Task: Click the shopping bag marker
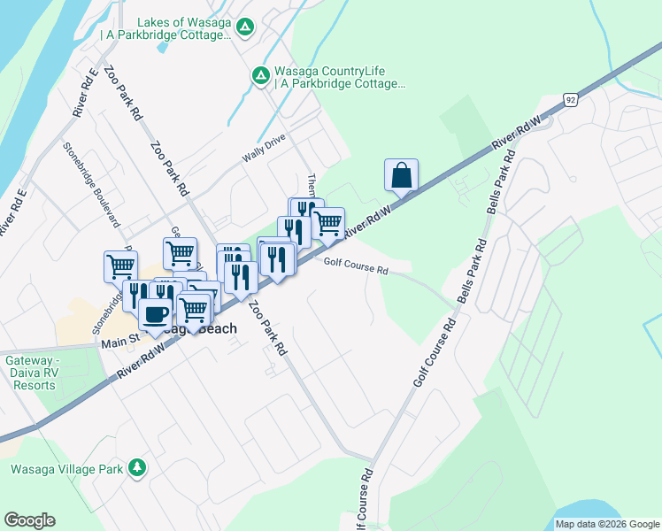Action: click(x=401, y=175)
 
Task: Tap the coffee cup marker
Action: click(x=155, y=315)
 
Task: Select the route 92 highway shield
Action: click(x=571, y=99)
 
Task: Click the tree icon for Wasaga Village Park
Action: click(x=136, y=467)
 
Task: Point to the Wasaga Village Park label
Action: click(x=66, y=469)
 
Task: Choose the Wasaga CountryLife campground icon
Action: click(x=261, y=76)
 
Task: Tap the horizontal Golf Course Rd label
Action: click(x=356, y=264)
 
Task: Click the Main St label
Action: click(x=123, y=342)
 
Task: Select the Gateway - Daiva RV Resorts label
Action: click(x=45, y=373)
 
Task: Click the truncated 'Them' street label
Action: click(x=312, y=184)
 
